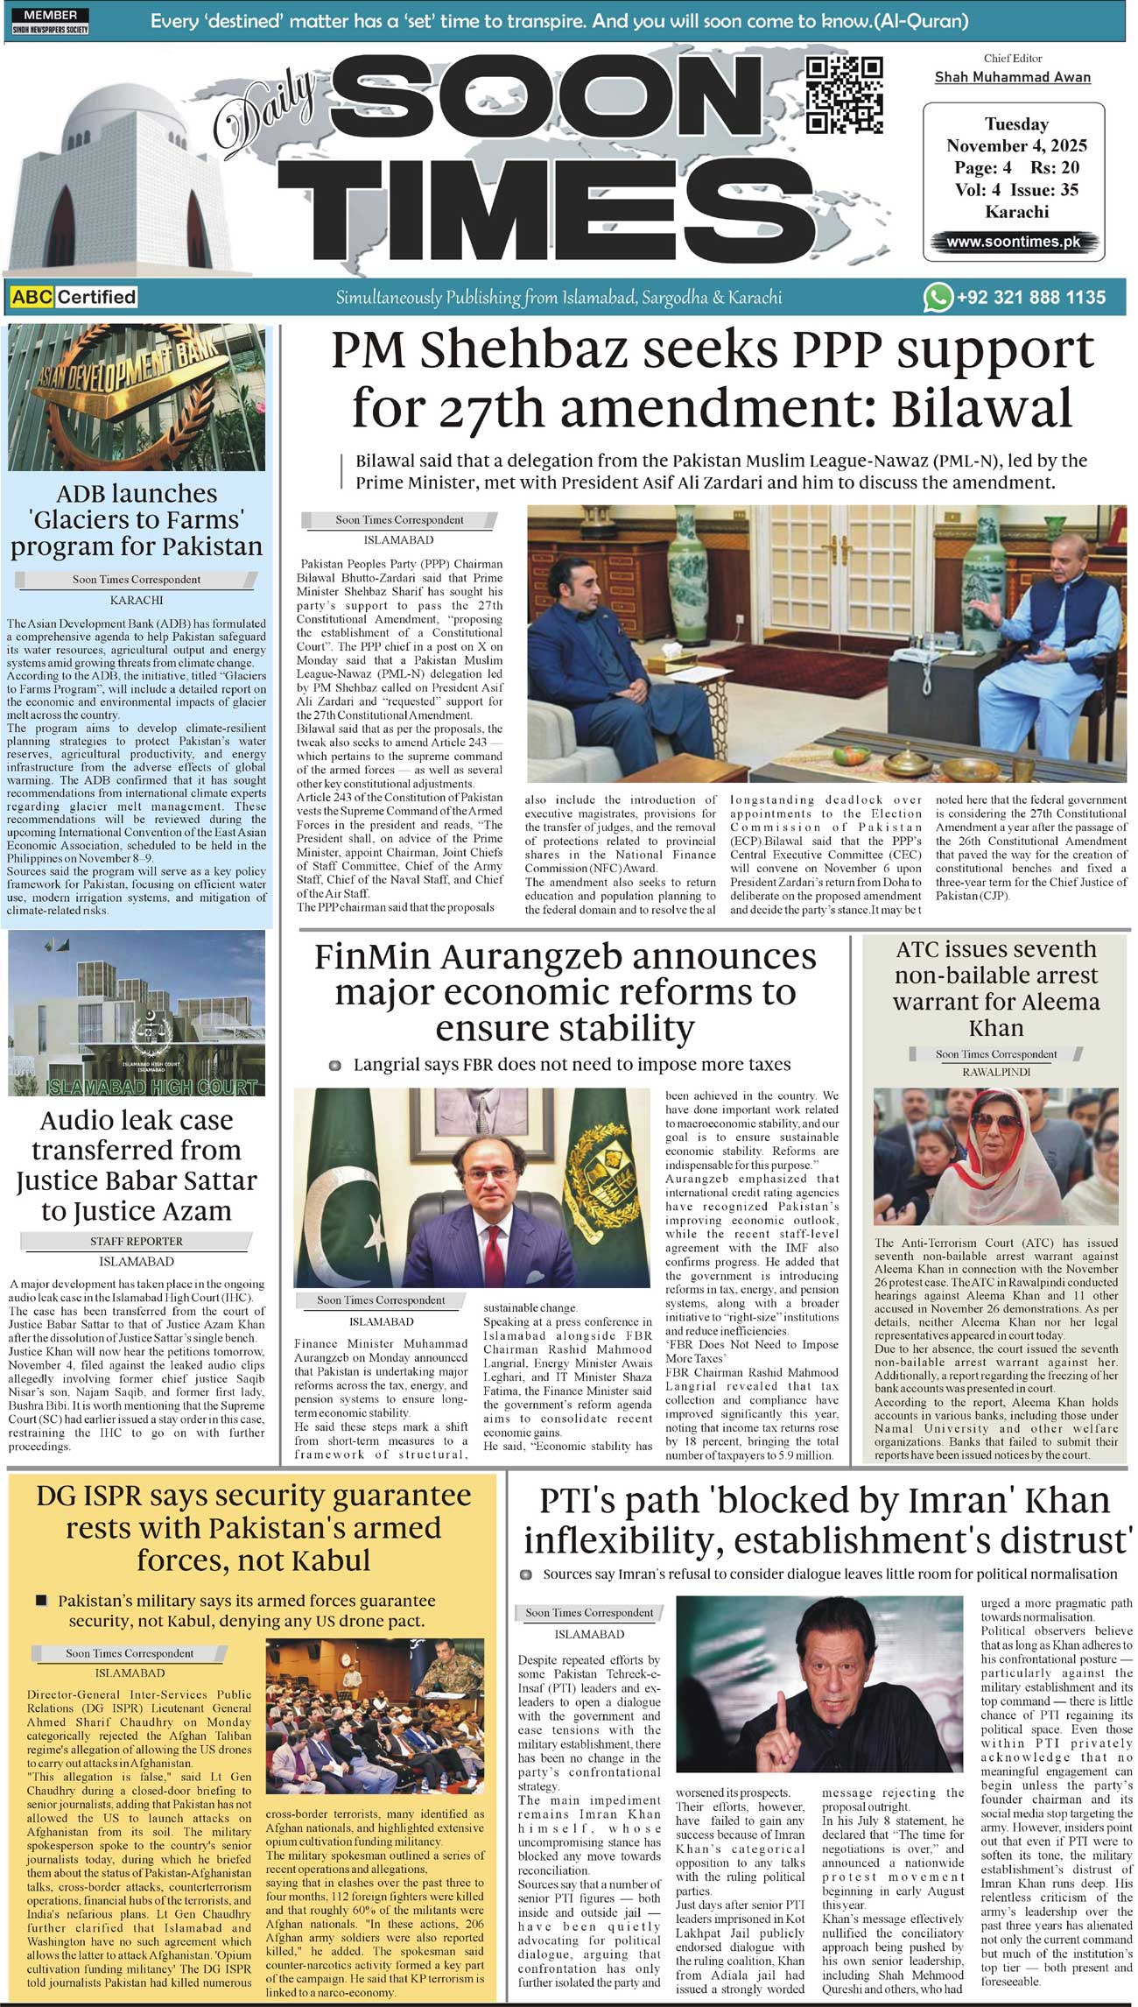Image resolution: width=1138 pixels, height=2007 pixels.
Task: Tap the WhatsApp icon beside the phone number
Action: (938, 297)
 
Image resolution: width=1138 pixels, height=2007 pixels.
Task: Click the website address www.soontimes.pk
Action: (1013, 242)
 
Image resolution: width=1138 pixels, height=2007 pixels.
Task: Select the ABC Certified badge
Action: (74, 297)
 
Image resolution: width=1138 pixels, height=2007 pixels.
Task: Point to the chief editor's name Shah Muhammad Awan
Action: (1013, 77)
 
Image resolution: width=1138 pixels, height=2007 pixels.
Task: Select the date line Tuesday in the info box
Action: (1016, 124)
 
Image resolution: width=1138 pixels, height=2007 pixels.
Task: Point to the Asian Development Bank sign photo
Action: (137, 397)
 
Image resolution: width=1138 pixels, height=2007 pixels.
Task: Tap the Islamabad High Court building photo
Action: (137, 1012)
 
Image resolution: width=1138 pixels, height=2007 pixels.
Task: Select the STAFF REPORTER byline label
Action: (137, 1241)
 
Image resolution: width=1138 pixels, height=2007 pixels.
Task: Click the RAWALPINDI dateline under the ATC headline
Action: (996, 1072)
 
